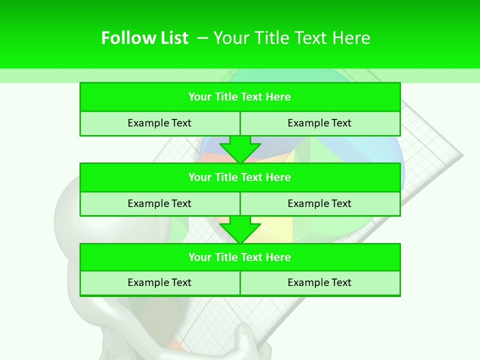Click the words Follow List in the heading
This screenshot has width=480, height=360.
[x=144, y=38]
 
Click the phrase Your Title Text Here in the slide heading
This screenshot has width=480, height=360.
[x=291, y=38]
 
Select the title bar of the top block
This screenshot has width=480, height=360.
[x=240, y=97]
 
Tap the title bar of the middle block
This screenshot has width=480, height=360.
[x=240, y=177]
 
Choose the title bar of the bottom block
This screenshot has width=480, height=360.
[x=240, y=257]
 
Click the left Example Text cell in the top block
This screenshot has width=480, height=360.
[x=159, y=123]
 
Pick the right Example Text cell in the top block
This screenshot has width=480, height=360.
[x=319, y=123]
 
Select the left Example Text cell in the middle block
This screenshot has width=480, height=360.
[x=159, y=203]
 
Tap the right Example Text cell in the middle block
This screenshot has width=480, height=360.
[x=319, y=203]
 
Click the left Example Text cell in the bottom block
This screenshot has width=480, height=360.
[x=159, y=282]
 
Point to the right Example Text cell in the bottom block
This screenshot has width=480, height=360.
[x=319, y=282]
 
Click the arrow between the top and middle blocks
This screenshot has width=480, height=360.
[x=240, y=149]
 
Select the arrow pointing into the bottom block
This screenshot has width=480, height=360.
[x=240, y=229]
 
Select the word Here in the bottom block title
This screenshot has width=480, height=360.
[x=278, y=257]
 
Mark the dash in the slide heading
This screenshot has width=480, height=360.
[x=203, y=38]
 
